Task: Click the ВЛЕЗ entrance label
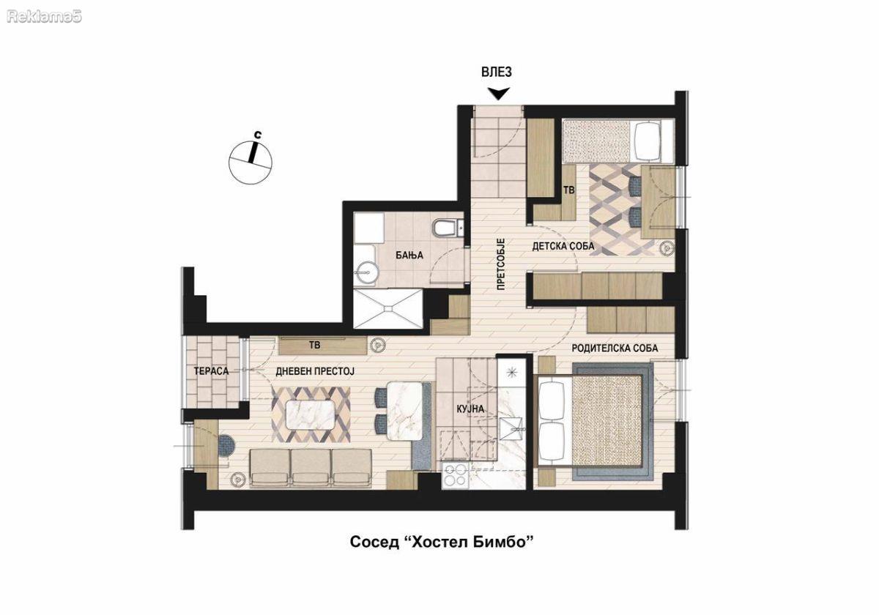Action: pos(497,72)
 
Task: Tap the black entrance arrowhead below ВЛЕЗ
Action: pos(498,94)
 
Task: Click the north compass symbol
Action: pos(251,161)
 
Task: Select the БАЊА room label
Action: pos(409,256)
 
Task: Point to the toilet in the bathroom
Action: pos(445,228)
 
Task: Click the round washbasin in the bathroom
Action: pos(366,272)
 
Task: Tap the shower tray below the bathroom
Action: pos(388,309)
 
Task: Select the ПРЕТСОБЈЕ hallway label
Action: pos(500,264)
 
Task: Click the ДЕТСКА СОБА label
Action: pos(563,246)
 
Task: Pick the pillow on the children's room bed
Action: pos(647,141)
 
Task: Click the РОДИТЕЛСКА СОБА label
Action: pos(615,348)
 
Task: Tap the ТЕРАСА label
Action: pos(211,371)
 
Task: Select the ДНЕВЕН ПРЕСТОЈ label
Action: pos(315,371)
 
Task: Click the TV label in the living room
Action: pos(315,345)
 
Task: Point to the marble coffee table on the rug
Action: pos(311,415)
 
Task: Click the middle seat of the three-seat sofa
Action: pos(311,469)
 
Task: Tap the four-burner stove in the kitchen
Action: pos(455,476)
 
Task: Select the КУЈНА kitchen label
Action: pos(470,409)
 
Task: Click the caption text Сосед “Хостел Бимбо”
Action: pos(442,543)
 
